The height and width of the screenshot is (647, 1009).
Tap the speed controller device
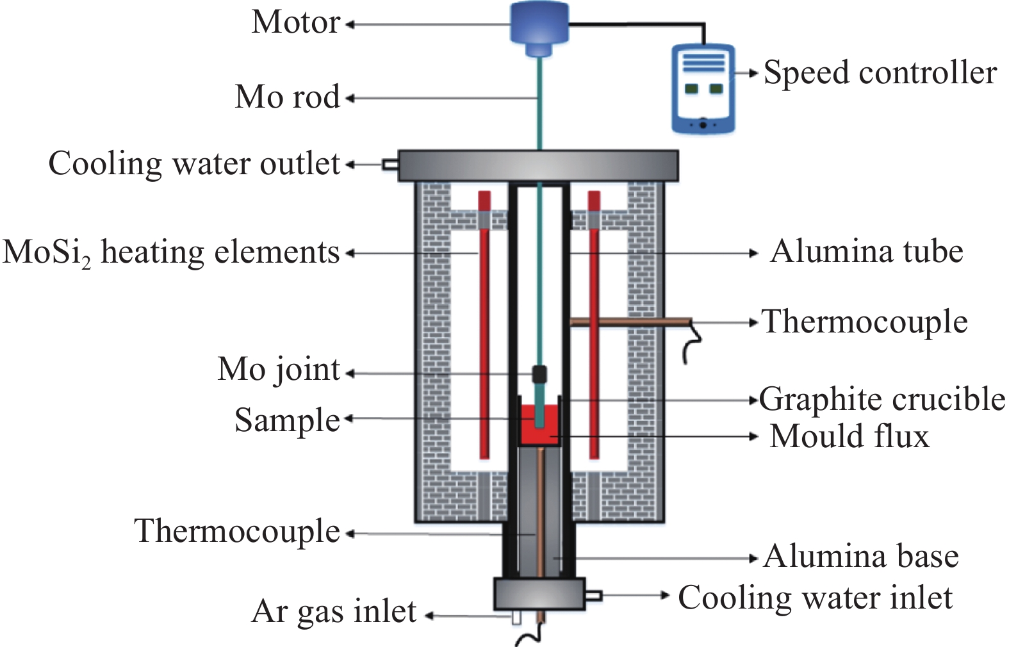click(703, 88)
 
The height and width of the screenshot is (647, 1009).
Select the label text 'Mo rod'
click(288, 97)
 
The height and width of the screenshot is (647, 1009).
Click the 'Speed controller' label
click(880, 72)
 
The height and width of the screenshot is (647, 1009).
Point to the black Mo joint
click(539, 374)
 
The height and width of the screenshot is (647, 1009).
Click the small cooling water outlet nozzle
click(390, 165)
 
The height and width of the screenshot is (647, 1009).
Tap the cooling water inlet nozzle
click(593, 596)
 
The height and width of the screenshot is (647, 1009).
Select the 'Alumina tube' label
click(866, 251)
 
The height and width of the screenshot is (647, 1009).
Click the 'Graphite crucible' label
click(882, 399)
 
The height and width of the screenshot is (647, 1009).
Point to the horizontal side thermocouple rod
click(631, 322)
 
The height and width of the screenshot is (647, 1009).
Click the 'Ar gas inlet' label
click(334, 611)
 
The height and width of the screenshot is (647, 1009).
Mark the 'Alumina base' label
click(861, 556)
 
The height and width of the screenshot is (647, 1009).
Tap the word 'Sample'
click(288, 420)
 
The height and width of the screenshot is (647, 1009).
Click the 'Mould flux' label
click(849, 436)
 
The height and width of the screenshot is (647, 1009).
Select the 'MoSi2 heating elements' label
click(171, 252)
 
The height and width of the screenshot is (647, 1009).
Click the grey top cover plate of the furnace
click(538, 165)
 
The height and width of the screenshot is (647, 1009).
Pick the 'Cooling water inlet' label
click(815, 598)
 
